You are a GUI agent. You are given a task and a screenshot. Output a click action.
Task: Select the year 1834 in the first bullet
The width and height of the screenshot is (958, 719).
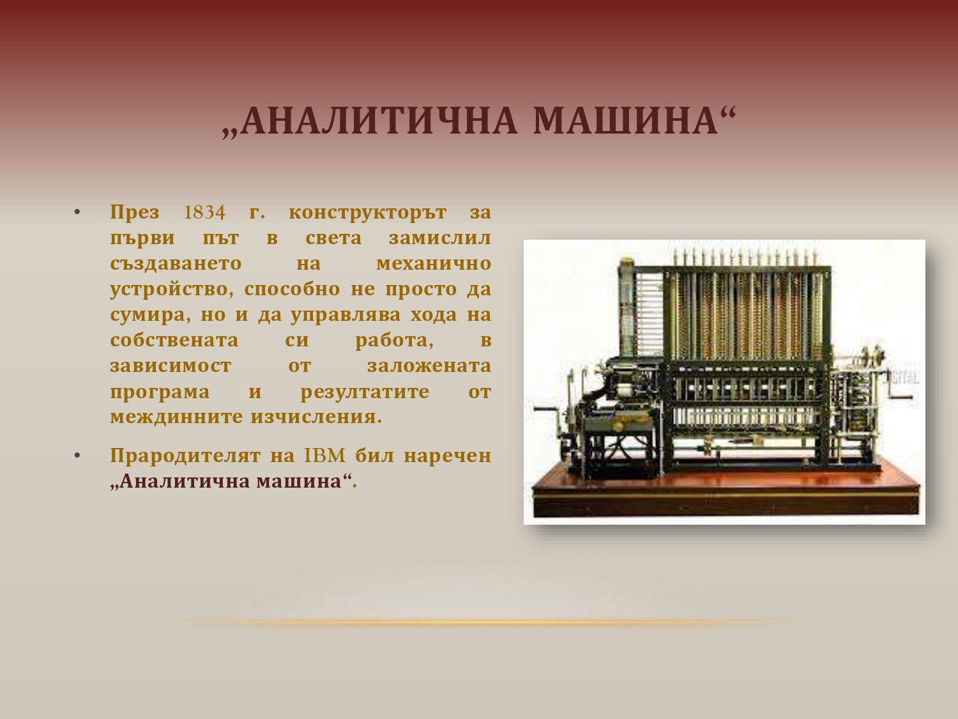[x=205, y=213]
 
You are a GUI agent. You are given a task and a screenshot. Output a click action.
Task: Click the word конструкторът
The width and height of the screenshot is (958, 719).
[x=367, y=213]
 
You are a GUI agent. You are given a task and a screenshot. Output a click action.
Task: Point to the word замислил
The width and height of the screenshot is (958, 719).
[x=440, y=238]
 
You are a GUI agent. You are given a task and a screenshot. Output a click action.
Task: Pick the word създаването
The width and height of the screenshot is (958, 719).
[x=176, y=264]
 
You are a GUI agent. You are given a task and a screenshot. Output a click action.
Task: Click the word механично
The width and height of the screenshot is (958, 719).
[x=434, y=264]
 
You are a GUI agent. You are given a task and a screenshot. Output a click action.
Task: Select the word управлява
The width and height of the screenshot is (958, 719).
[x=346, y=315]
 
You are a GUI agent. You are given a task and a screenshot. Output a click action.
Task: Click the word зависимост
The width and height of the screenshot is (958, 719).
[x=171, y=366]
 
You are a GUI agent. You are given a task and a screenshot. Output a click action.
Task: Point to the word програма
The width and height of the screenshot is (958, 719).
[x=160, y=392]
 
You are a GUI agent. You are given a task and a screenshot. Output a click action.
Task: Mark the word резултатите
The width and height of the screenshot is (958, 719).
[x=365, y=392]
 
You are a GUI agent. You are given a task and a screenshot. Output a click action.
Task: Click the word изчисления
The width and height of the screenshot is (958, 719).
[x=316, y=417]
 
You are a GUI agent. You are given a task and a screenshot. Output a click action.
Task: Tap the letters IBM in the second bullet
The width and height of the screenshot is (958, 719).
[x=325, y=456]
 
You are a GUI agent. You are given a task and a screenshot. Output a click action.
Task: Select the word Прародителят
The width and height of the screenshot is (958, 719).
[x=185, y=456]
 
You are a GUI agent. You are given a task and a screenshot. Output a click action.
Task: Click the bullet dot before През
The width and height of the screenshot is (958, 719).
[x=78, y=213]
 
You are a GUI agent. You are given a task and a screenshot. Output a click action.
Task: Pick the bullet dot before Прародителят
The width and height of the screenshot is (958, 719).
[x=78, y=456]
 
